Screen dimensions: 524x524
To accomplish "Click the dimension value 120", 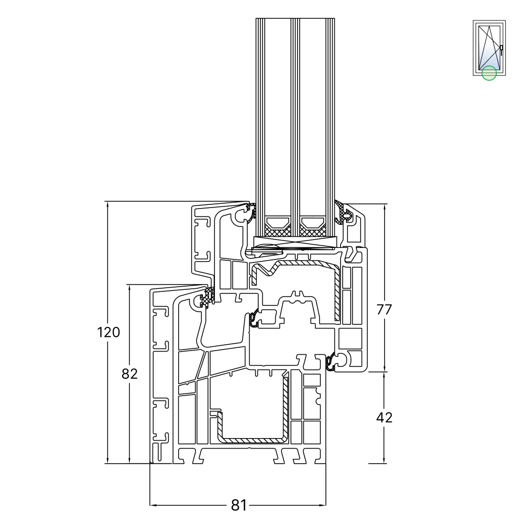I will (x=108, y=332).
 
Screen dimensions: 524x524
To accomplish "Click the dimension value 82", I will (x=129, y=374).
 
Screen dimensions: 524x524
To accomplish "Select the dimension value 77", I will (x=385, y=309).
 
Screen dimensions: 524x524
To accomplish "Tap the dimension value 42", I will (x=385, y=418).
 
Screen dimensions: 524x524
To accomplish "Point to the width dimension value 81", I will (x=238, y=505).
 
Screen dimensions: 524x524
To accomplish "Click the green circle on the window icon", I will (x=489, y=73).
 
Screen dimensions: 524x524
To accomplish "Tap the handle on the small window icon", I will (x=501, y=50).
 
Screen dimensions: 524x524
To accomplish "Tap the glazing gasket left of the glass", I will (x=250, y=213).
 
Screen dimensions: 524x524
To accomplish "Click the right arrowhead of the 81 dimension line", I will (x=324, y=505).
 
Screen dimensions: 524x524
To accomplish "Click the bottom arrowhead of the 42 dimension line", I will (x=385, y=461).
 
